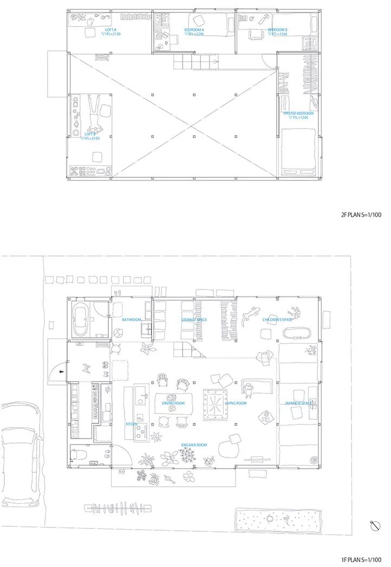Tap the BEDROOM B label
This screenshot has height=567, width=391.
click(x=277, y=29)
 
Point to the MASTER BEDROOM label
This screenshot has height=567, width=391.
click(x=298, y=113)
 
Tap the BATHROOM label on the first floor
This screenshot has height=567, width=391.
click(x=131, y=320)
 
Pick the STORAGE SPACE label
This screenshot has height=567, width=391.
click(x=194, y=320)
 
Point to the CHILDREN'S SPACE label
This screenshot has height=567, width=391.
click(x=277, y=320)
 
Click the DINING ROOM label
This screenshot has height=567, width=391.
click(x=173, y=403)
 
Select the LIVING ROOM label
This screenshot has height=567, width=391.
click(x=236, y=403)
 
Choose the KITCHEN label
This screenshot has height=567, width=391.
click(x=131, y=424)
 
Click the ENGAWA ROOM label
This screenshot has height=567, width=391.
click(x=194, y=445)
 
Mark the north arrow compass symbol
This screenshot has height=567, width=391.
click(x=373, y=525)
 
